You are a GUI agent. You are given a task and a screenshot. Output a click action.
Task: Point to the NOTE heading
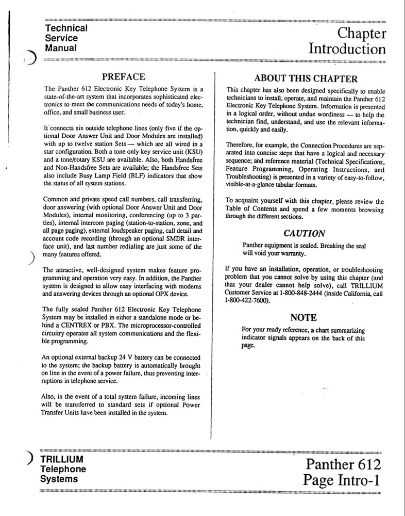(303, 317)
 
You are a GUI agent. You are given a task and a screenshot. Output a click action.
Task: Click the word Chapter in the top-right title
(362, 34)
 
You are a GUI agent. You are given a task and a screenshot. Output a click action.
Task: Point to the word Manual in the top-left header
(61, 48)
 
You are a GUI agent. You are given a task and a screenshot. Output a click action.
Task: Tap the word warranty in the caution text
(292, 254)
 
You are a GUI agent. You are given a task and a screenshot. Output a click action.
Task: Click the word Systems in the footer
(59, 479)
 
